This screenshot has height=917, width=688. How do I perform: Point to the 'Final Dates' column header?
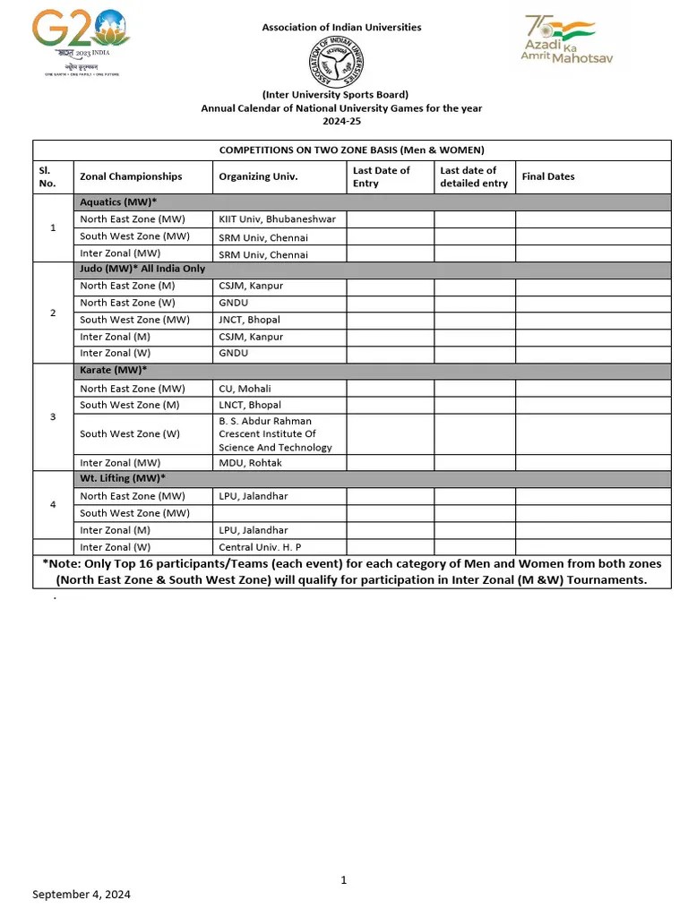pos(548,176)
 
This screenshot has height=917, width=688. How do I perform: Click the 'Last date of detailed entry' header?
pos(474,176)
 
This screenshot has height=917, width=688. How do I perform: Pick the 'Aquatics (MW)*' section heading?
pos(118,202)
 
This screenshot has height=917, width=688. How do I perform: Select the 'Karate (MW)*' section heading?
pos(114,370)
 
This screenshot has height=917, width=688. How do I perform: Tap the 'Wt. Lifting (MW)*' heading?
pos(123,479)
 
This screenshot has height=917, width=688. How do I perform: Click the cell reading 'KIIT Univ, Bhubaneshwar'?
pos(277,219)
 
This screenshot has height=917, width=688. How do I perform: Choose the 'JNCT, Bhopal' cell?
pos(249,320)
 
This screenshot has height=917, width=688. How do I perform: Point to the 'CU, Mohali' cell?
pos(245,389)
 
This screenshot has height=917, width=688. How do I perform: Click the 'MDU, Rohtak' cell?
pos(250,462)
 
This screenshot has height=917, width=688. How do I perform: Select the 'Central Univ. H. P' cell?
pos(261,546)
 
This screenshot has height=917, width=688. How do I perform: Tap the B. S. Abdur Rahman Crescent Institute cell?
pos(275,433)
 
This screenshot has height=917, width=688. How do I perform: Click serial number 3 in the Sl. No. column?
pos(53,416)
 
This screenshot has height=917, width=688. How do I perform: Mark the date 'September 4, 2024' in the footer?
pos(82,894)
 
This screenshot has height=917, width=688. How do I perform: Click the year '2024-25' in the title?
pos(340,121)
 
